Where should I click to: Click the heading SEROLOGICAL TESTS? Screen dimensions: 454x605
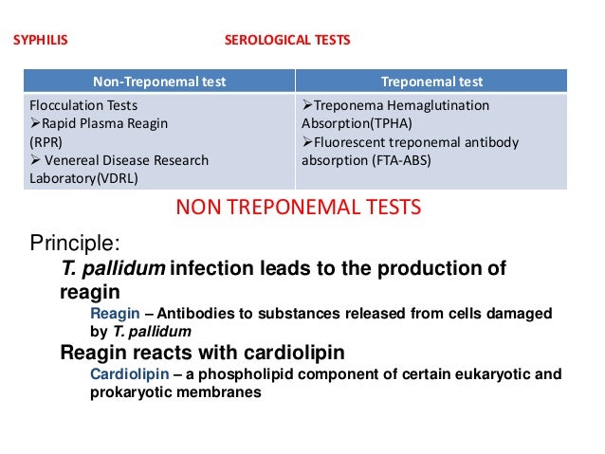tap(286, 41)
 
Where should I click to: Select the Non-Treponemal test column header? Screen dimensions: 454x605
tap(159, 81)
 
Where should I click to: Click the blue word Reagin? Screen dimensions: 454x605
tap(110, 314)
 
